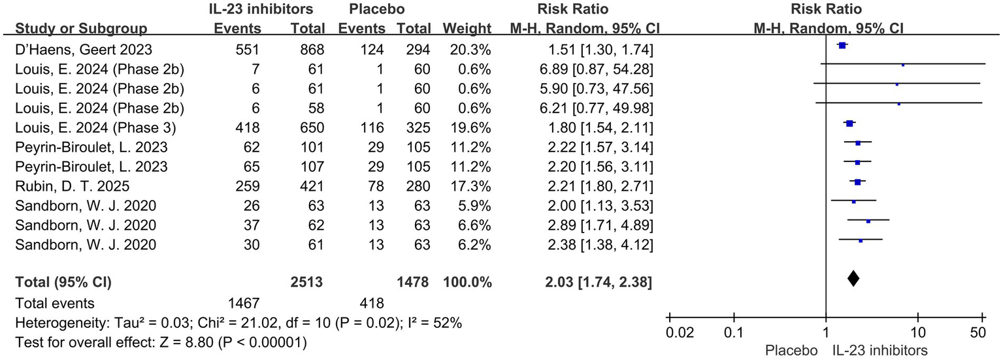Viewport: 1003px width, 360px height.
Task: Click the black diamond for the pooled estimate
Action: [x=853, y=278]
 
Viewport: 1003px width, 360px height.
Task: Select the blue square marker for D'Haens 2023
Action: [x=842, y=45]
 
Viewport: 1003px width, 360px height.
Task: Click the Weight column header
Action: [x=467, y=29]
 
